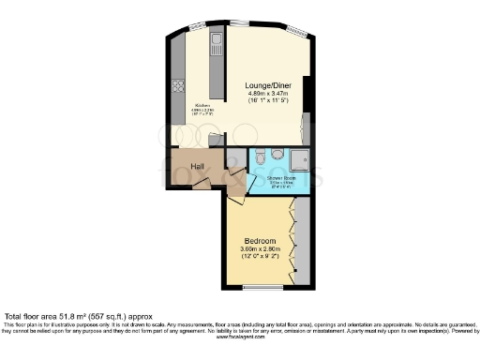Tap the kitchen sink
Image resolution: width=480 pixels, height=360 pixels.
pos(215,41)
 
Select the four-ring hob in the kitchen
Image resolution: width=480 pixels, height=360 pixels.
pos(177,87)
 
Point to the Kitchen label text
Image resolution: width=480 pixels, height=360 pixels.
pos(202,105)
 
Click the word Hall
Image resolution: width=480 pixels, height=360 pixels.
pos(198,167)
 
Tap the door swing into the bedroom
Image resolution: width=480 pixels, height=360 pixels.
pos(235,197)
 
